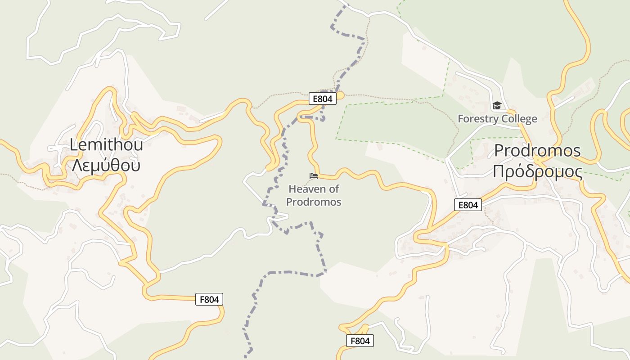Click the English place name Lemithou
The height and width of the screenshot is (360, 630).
click(106, 145)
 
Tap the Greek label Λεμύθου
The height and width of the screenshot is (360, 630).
click(106, 165)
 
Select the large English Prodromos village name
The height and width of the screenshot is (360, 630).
click(537, 151)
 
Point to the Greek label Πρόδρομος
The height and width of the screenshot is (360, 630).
click(537, 171)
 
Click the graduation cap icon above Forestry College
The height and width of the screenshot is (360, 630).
click(497, 106)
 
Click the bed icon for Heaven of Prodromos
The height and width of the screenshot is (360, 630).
click(314, 175)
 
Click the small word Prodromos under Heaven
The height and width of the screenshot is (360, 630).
click(314, 202)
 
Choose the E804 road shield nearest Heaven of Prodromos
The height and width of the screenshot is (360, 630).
click(323, 99)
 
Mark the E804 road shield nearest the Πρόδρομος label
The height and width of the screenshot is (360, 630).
click(468, 205)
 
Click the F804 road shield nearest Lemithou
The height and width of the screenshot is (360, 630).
click(209, 299)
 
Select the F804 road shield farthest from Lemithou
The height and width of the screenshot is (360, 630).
click(360, 341)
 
